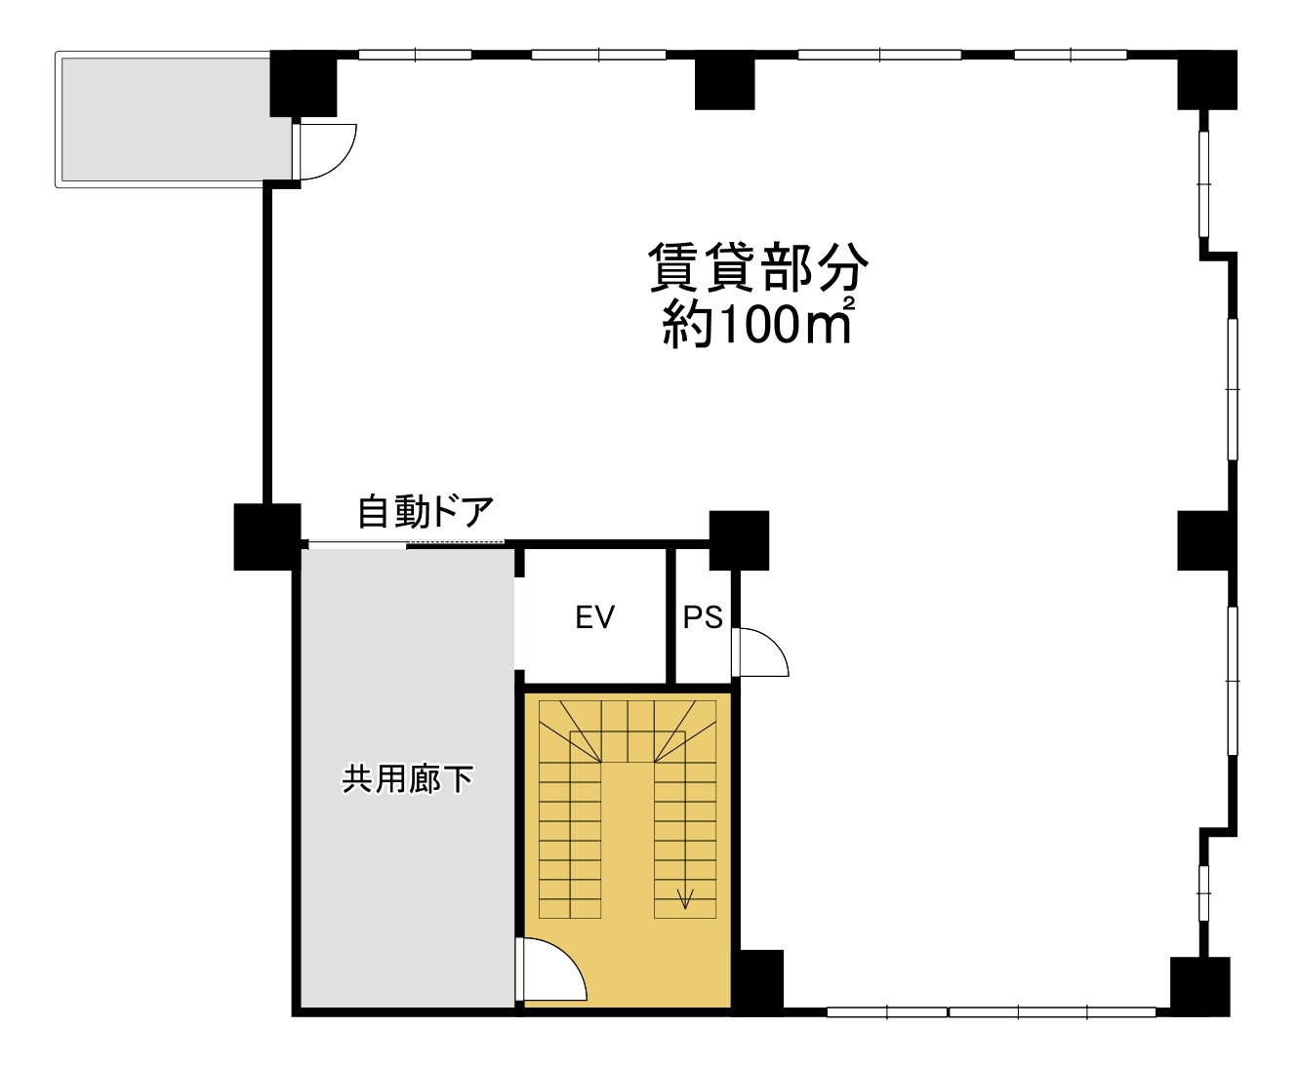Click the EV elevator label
point(594,618)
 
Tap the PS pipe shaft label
point(702,618)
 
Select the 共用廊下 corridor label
point(407,779)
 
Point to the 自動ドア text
point(426,512)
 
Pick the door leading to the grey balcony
point(324,152)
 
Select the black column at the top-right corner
point(1207,82)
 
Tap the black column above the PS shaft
point(739,539)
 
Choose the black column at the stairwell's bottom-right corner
point(756,980)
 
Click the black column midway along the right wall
point(1206,539)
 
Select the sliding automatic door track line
point(405,542)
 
